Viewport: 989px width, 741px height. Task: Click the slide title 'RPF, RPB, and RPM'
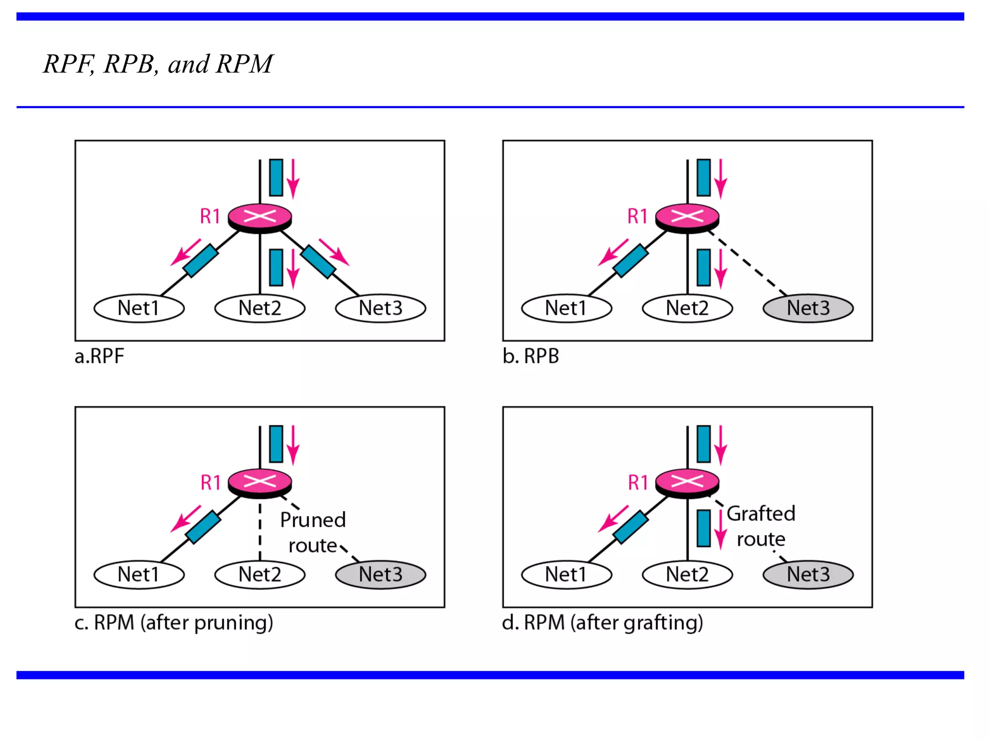158,64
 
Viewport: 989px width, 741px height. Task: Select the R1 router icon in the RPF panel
260,218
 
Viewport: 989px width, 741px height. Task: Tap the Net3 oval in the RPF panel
381,308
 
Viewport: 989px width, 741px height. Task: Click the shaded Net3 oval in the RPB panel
808,308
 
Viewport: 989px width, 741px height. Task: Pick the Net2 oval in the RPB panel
687,308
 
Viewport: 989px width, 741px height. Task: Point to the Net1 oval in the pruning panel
139,575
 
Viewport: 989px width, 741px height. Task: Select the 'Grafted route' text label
761,526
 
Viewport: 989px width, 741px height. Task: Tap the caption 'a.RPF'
99,357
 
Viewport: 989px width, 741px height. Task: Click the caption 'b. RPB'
530,357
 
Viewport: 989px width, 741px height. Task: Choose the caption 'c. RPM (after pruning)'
174,623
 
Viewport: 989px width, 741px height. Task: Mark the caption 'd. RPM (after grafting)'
602,623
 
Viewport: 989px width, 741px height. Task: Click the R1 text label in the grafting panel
637,482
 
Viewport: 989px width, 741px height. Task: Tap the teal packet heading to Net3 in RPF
318,262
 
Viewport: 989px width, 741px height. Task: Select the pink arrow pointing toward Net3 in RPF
334,252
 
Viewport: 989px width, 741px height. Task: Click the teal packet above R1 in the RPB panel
704,178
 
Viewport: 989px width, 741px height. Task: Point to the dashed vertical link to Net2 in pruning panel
260,531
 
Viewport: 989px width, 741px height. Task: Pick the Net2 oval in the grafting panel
687,575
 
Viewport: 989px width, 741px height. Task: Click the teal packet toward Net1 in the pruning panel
203,527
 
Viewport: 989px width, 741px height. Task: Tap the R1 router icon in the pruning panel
260,482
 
